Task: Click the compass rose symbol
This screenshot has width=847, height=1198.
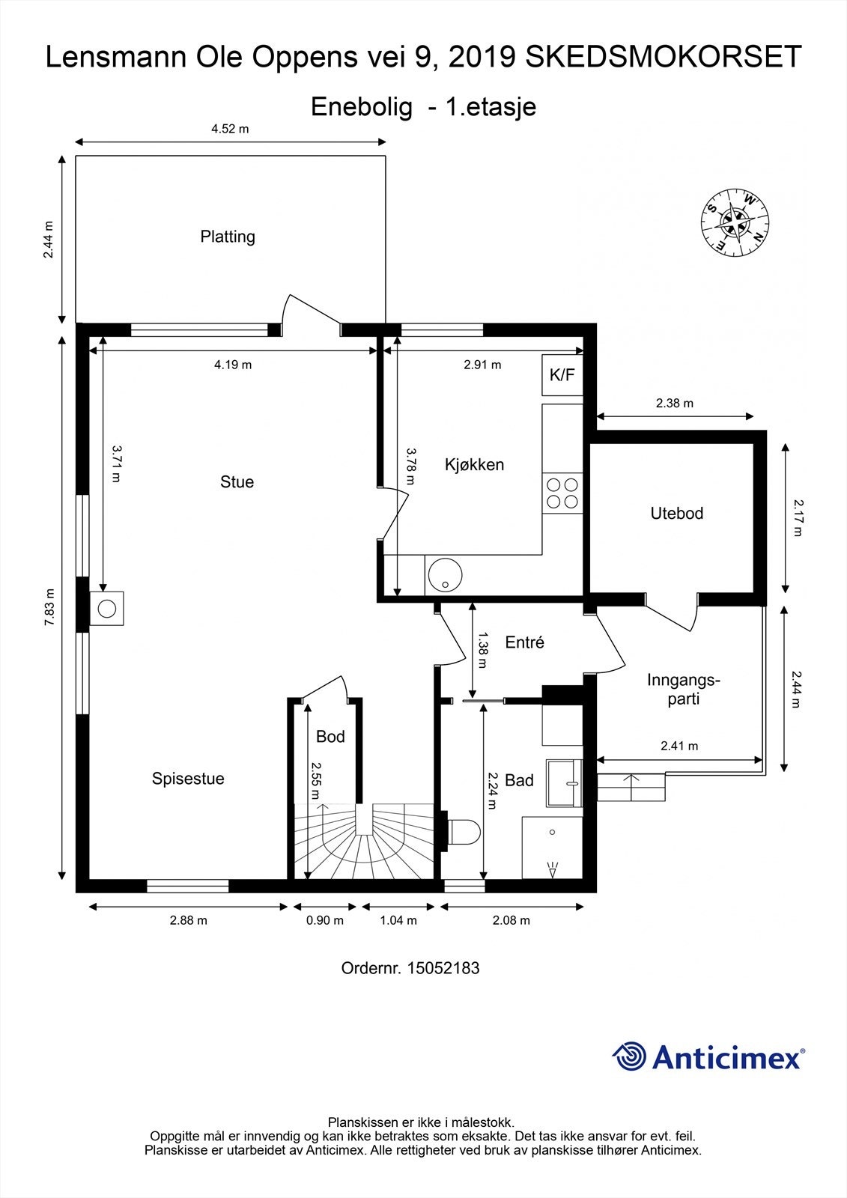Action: click(735, 222)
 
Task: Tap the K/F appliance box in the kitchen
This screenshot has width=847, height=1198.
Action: click(562, 375)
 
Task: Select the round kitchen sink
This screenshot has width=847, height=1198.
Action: click(445, 575)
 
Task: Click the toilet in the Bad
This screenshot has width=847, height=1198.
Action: click(464, 832)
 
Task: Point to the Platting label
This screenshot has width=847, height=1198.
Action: click(228, 237)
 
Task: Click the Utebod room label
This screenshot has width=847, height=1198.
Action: click(677, 514)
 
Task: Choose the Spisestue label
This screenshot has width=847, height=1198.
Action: click(188, 779)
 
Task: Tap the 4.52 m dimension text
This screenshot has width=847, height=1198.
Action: click(230, 129)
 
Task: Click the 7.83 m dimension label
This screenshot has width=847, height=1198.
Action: click(49, 607)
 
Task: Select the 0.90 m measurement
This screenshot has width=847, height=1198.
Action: click(325, 920)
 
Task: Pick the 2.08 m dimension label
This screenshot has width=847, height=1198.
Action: click(511, 920)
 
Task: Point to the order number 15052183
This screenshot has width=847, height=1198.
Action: click(443, 968)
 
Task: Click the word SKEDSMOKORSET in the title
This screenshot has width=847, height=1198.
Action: click(664, 57)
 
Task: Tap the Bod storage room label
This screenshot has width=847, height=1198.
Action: click(330, 737)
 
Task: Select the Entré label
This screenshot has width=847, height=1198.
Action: click(524, 642)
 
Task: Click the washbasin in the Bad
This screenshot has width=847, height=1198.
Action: click(564, 782)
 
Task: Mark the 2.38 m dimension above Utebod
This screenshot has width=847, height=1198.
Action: click(675, 404)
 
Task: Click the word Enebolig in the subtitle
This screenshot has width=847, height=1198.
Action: click(362, 107)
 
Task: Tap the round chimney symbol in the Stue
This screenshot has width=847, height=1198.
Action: click(107, 609)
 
